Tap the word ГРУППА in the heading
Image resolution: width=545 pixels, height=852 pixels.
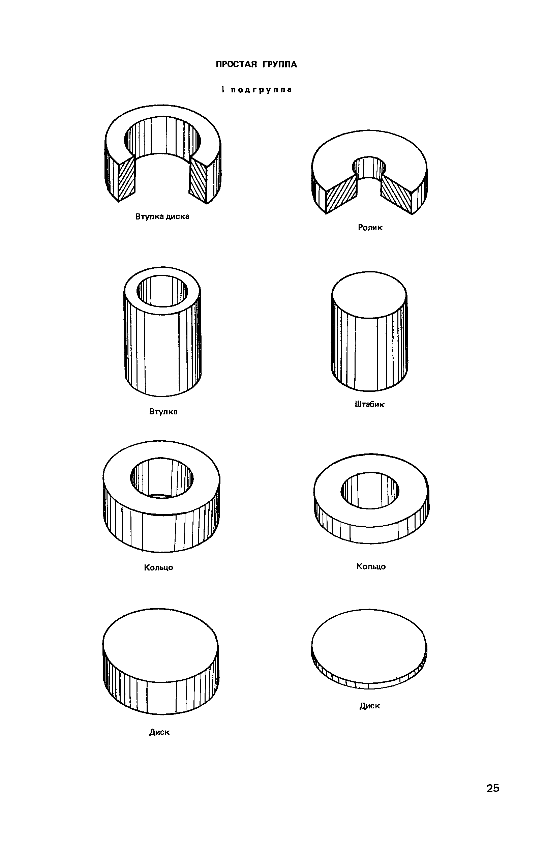[280, 64]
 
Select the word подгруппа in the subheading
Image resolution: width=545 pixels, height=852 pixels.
[261, 90]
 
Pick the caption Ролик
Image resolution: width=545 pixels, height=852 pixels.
[370, 228]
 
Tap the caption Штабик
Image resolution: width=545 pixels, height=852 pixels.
[369, 405]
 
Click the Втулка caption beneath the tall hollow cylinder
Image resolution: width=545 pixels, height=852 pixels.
[163, 412]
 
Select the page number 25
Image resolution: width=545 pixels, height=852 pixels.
[493, 788]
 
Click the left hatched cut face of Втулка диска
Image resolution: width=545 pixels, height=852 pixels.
[126, 178]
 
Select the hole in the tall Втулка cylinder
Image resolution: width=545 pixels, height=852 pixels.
[162, 291]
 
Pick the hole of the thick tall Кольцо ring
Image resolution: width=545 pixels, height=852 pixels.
[162, 477]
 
